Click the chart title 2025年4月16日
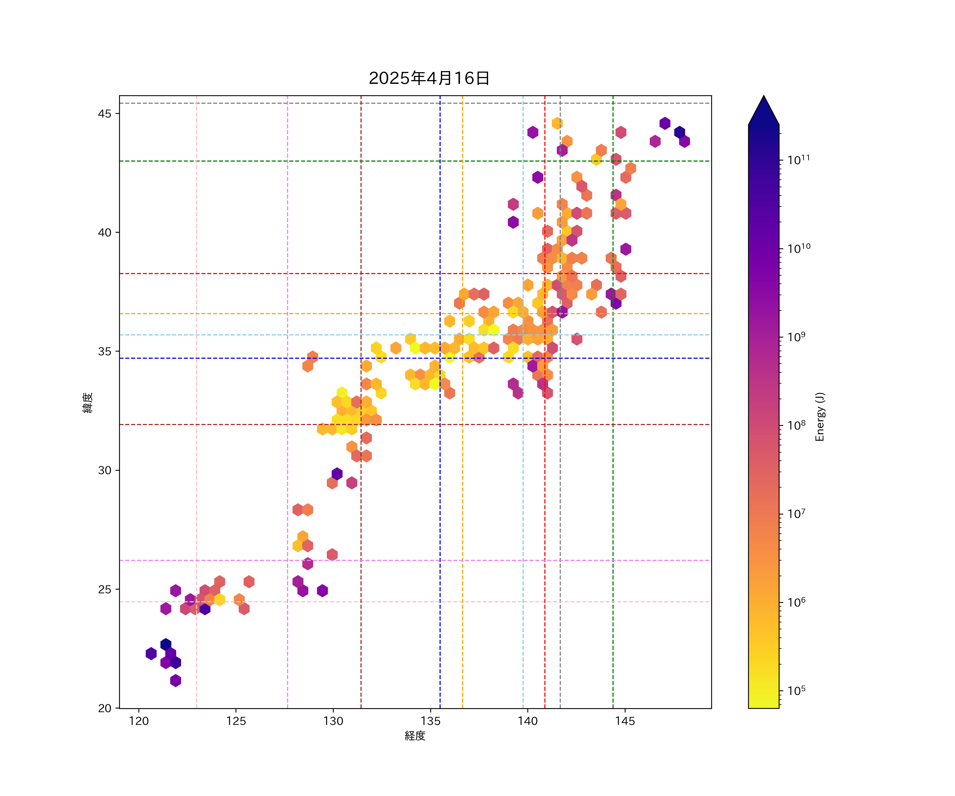[429, 78]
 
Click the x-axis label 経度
[415, 736]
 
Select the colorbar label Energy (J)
[819, 417]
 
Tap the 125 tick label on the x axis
[236, 721]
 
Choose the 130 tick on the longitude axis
[333, 721]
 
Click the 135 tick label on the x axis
[431, 721]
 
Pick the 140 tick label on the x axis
[528, 721]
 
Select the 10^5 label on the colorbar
[797, 690]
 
